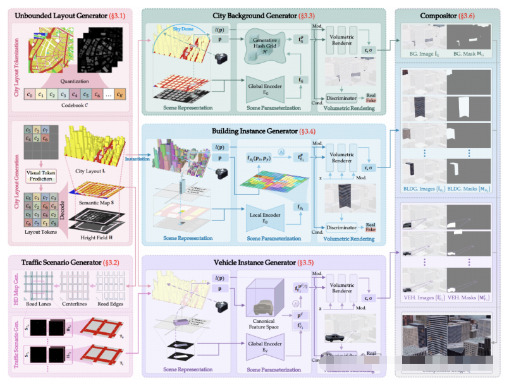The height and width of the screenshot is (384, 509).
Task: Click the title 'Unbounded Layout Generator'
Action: coord(55,15)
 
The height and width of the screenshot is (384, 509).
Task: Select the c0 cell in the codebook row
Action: coord(29,95)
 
